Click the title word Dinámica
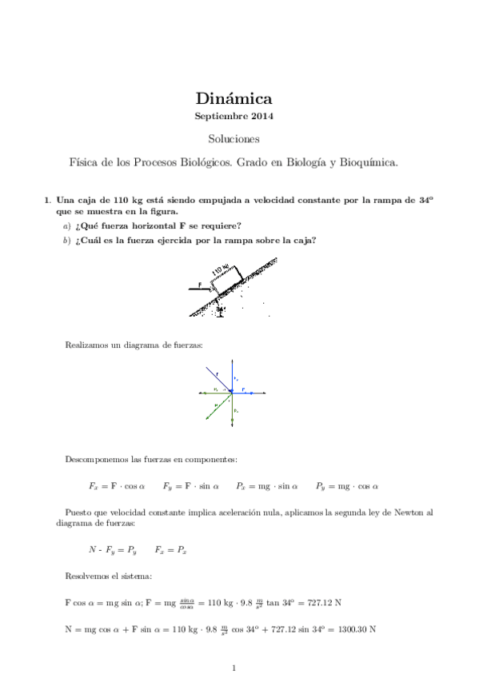click(234, 99)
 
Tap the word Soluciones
click(234, 139)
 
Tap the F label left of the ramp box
click(201, 283)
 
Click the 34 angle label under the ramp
click(222, 306)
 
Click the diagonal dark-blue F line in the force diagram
click(220, 380)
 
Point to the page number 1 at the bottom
click(234, 667)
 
